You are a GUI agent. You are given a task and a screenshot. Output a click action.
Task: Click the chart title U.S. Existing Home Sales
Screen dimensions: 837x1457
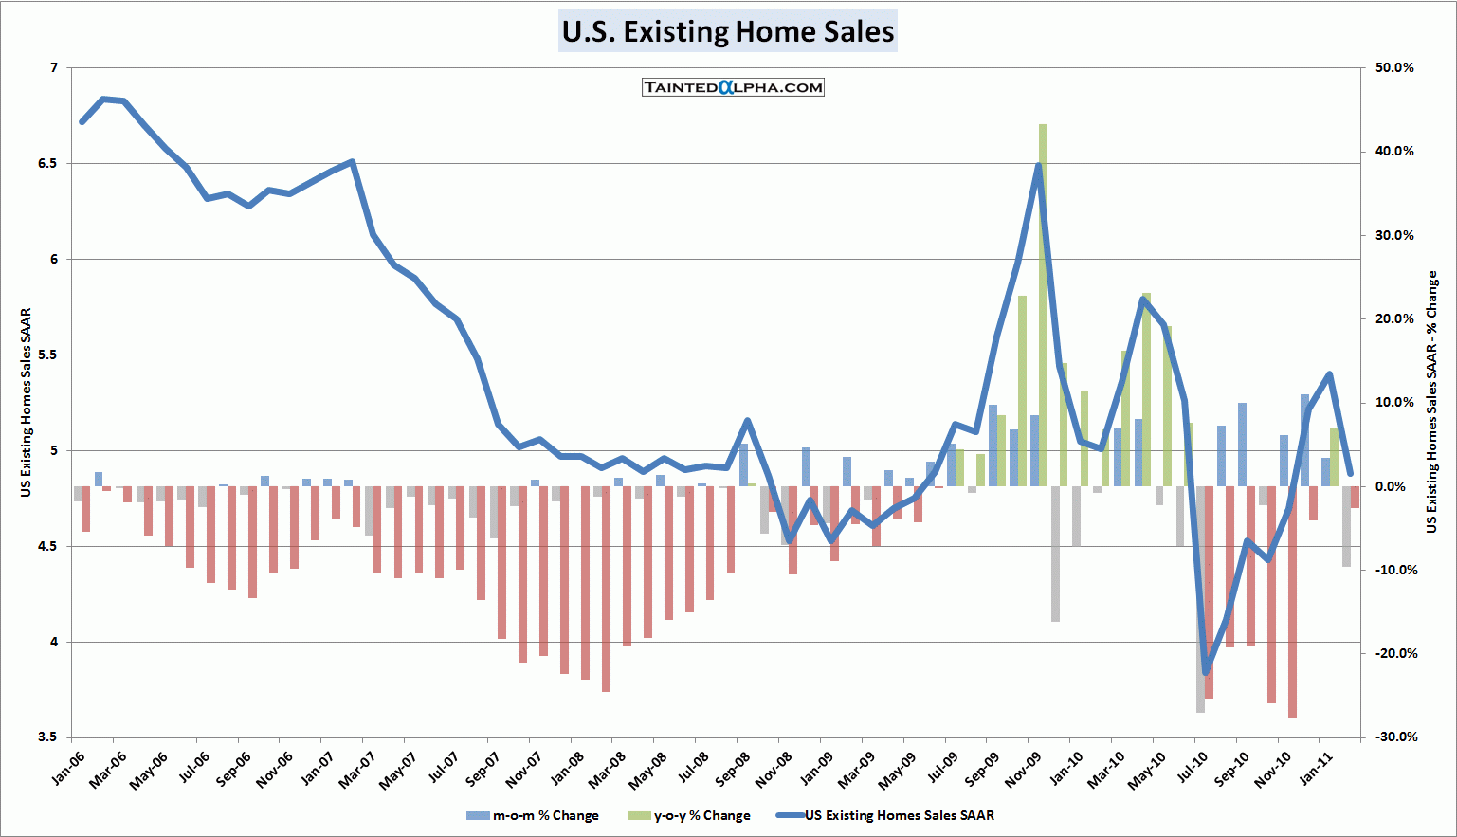(x=727, y=31)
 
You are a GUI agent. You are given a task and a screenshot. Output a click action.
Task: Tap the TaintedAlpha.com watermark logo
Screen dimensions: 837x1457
(x=733, y=87)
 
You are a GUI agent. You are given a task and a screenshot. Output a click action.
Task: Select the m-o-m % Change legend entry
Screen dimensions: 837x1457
(x=534, y=815)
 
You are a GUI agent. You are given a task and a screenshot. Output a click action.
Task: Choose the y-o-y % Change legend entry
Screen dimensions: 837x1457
(x=689, y=815)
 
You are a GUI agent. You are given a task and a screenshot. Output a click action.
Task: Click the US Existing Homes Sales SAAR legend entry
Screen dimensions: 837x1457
(x=886, y=815)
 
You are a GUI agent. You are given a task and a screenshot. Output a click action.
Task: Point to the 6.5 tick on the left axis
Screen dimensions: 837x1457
(x=46, y=163)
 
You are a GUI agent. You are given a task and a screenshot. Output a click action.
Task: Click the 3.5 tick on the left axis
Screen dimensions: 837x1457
(x=46, y=737)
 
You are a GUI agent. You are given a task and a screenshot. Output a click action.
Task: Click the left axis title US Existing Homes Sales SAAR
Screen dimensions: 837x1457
(x=26, y=402)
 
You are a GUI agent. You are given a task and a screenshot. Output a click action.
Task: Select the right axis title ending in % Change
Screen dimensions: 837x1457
(x=1431, y=402)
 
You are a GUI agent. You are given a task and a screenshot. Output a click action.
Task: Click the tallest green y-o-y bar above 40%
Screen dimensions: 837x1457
(x=1043, y=303)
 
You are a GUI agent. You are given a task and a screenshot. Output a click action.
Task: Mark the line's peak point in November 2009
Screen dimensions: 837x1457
(x=1039, y=165)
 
